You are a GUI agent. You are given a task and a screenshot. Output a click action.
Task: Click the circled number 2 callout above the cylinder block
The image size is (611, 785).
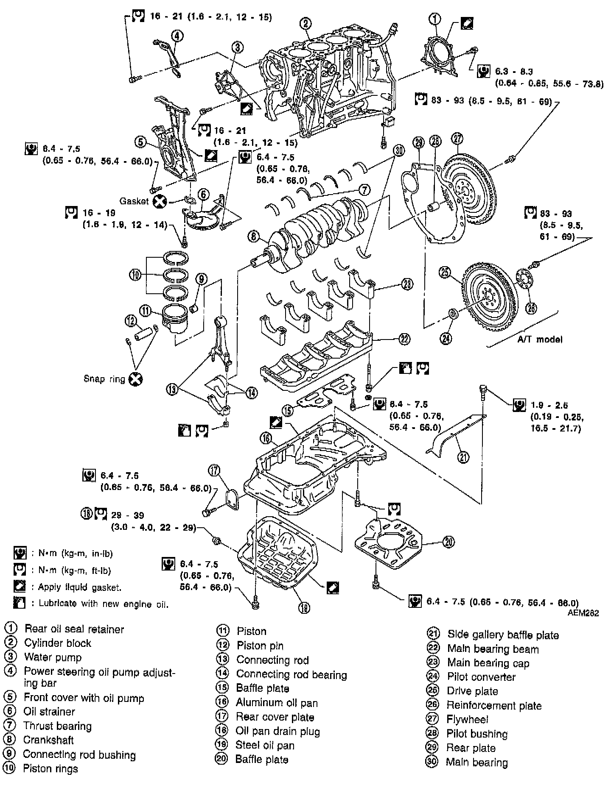tap(306, 23)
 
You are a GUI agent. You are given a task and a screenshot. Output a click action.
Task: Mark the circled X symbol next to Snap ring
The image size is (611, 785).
tap(135, 379)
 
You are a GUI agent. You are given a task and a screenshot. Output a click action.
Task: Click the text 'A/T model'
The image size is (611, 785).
tap(540, 339)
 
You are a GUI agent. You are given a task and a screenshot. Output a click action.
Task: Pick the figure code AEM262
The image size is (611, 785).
tap(584, 613)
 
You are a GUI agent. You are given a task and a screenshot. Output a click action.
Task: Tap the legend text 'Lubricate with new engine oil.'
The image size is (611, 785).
tap(104, 604)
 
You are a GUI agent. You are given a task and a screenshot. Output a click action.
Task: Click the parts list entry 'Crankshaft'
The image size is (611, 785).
tap(48, 740)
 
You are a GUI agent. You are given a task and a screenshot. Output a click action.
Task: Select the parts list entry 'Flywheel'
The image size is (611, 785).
tap(467, 719)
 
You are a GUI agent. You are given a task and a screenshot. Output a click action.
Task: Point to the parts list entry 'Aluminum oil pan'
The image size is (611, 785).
tap(277, 703)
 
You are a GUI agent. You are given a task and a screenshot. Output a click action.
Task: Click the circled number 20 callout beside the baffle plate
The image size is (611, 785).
tap(448, 541)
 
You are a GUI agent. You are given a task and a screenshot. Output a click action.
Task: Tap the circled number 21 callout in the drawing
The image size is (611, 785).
tap(463, 457)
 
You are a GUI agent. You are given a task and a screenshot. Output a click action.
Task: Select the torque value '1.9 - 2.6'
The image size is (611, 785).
tap(549, 405)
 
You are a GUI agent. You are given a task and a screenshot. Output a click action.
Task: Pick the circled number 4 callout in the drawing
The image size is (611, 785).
tap(177, 36)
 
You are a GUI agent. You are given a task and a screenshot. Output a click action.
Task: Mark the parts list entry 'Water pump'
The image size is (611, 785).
tap(53, 657)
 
